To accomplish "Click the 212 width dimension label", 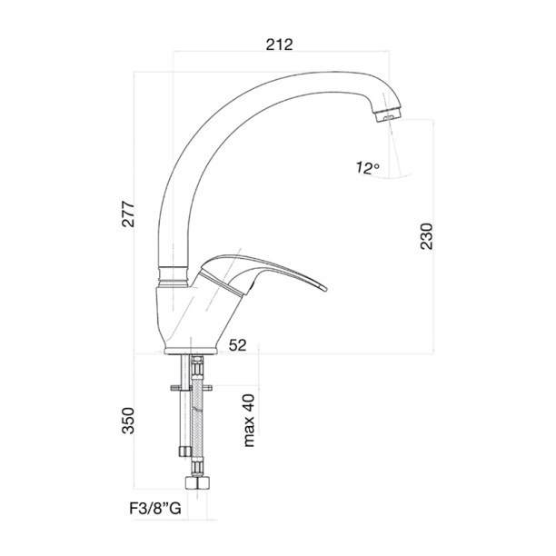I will tap(280, 43).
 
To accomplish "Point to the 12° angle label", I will tap(368, 167).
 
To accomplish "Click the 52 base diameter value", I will tap(239, 344).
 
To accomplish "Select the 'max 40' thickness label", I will tap(248, 420).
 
